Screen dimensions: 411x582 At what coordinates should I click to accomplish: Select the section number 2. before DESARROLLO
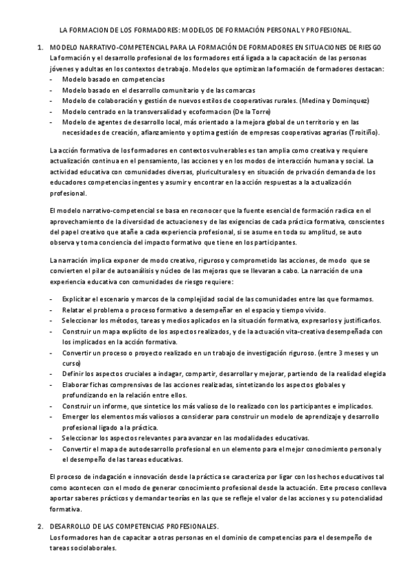coord(40,526)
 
